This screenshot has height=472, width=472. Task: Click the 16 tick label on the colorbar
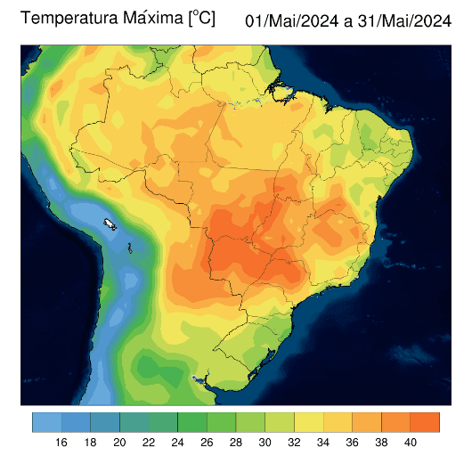[61, 443]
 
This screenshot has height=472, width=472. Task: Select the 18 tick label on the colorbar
[90, 443]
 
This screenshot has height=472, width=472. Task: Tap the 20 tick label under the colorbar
[119, 443]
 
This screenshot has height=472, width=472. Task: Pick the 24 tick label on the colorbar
[177, 443]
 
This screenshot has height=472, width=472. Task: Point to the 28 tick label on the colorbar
[236, 443]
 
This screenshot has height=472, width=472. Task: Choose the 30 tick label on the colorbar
[264, 443]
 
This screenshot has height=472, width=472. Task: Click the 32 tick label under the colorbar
[294, 443]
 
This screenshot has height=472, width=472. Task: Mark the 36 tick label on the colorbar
[352, 443]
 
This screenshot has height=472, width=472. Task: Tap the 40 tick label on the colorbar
[411, 443]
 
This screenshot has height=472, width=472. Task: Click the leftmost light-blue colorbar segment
[46, 421]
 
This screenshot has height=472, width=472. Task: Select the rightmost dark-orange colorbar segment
[426, 421]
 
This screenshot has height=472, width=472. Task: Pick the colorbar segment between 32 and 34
[308, 421]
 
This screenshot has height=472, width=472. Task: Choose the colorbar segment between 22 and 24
[163, 421]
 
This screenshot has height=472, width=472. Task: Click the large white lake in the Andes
[110, 224]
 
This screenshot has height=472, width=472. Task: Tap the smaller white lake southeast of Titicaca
[130, 248]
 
